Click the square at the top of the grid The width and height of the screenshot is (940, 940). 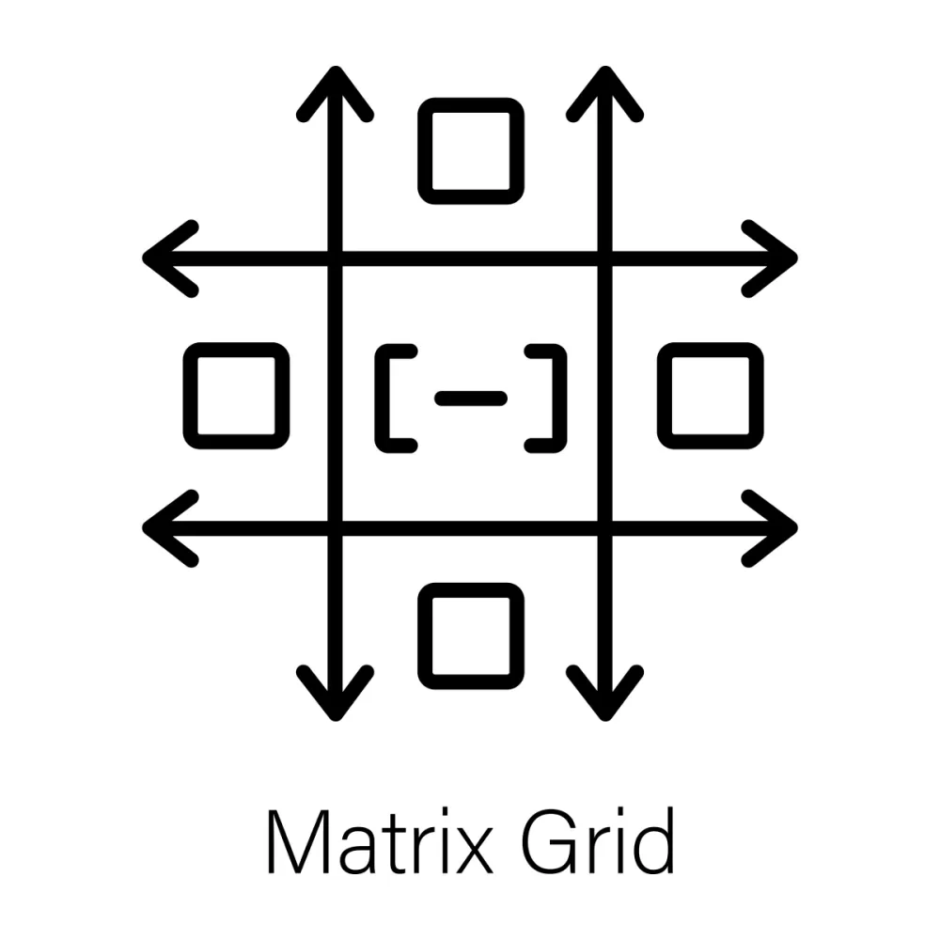pos(471,105)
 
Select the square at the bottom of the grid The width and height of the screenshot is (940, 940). pos(471,590)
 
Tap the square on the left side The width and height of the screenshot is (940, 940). pos(236,351)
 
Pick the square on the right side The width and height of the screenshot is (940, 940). pos(711,351)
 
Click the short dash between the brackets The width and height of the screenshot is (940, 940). pos(471,398)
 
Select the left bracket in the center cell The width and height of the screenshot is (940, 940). pos(383,398)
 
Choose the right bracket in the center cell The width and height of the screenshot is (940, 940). pos(559,398)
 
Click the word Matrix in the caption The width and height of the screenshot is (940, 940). pos(381,841)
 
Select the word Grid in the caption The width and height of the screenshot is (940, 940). pos(599,840)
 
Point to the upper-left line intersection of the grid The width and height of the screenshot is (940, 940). pos(336,258)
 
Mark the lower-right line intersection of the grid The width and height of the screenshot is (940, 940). pos(604,528)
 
